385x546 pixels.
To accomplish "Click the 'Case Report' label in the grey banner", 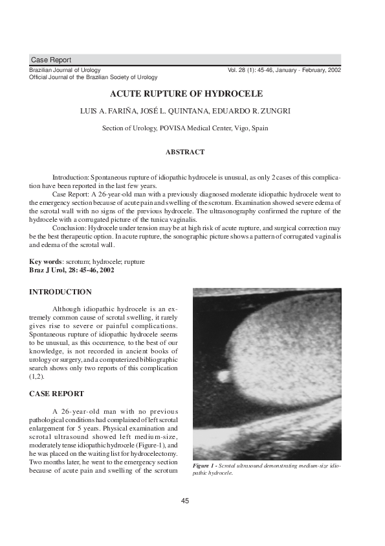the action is point(51,60).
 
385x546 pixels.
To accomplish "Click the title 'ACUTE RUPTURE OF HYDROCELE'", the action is point(185,94).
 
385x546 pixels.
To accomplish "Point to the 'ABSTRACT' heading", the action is point(185,152).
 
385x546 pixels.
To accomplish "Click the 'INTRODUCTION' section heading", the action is point(60,292).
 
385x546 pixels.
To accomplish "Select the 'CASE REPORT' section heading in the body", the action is point(57,394).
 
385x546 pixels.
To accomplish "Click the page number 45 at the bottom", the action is point(185,501).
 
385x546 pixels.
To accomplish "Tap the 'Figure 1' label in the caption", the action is point(206,466).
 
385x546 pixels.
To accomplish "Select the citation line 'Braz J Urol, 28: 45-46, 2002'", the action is point(72,270).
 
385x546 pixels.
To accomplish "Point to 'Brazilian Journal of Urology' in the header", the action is point(65,70).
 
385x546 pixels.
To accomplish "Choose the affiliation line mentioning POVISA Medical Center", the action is point(185,128).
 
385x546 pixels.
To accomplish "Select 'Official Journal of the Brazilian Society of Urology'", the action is point(93,77).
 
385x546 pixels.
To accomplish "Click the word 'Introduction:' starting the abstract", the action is point(71,177).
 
